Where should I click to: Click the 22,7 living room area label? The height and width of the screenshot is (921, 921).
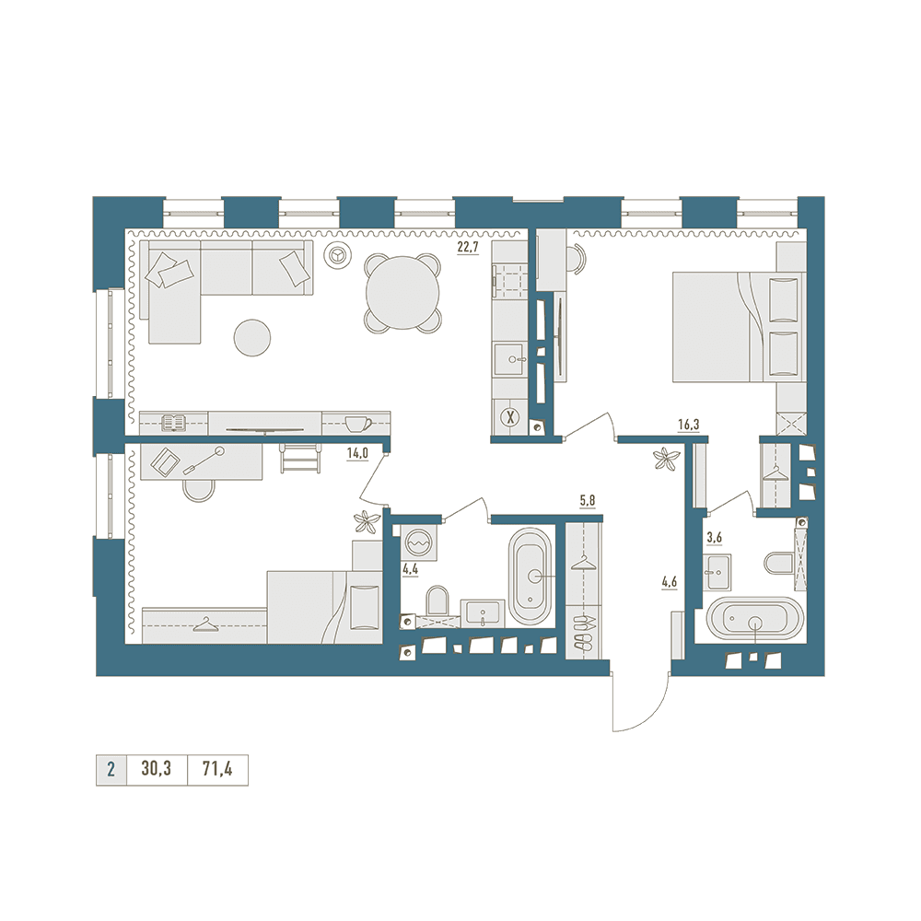coord(469,247)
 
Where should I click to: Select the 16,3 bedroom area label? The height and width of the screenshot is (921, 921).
coord(688,425)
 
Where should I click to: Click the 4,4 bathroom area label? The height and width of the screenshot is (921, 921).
coord(409,569)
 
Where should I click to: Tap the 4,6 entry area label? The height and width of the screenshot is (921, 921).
coord(670,583)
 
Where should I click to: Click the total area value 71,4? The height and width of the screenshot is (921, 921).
coord(217,769)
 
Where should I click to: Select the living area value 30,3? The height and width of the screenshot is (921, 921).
coord(157,769)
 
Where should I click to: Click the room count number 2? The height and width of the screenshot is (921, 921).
coord(111,769)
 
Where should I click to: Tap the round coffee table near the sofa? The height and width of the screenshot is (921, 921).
coord(252,337)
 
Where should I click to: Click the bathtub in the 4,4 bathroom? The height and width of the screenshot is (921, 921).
coord(530,577)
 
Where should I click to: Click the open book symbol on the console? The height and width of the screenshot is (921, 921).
coord(174,423)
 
